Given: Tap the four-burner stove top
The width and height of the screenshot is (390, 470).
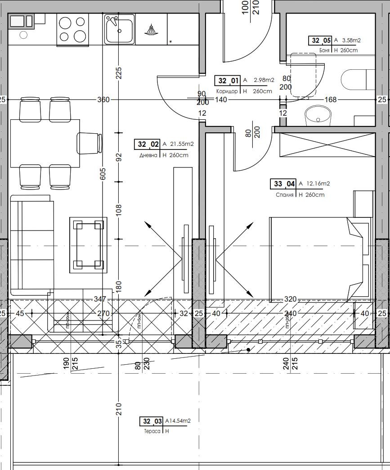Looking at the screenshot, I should (x=72, y=29).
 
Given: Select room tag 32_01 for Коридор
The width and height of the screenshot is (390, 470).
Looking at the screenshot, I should (x=228, y=81).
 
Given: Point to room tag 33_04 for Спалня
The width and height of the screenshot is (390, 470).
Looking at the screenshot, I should (x=283, y=184).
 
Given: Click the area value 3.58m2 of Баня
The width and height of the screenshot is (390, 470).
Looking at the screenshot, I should (x=351, y=41).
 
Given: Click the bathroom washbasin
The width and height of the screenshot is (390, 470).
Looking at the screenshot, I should (x=318, y=117).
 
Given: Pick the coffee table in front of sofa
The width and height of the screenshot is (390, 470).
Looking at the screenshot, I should (x=88, y=245).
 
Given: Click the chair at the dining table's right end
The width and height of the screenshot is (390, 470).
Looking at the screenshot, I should (x=89, y=143).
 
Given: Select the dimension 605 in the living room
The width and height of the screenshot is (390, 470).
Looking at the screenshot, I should (x=103, y=174).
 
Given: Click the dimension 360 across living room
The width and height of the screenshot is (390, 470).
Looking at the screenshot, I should (x=103, y=99).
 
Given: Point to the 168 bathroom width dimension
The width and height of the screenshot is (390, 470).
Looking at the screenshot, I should (x=330, y=99).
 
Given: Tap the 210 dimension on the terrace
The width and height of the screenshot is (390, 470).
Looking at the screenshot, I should (x=119, y=409).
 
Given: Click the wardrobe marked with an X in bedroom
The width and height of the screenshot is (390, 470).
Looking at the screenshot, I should (x=327, y=145).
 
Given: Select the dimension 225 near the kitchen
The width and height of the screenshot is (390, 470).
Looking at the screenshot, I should (x=119, y=72).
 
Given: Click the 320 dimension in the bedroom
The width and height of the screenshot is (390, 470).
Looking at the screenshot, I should (x=291, y=299).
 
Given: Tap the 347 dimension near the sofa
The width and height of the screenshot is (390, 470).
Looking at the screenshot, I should (x=100, y=299).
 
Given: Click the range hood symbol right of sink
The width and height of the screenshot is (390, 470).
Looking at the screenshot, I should (x=151, y=29).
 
